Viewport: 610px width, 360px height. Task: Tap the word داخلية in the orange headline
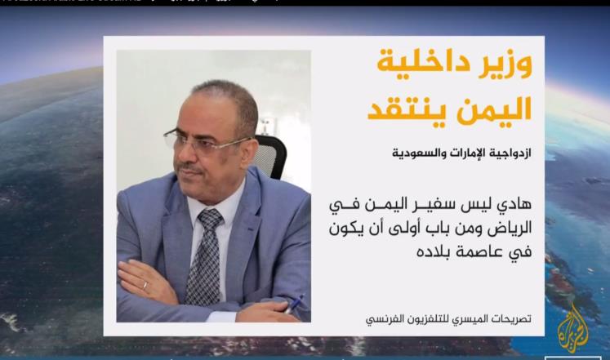[x=419, y=65]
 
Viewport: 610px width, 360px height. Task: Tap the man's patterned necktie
[x=203, y=253]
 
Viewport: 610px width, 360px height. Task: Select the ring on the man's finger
[x=146, y=285]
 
